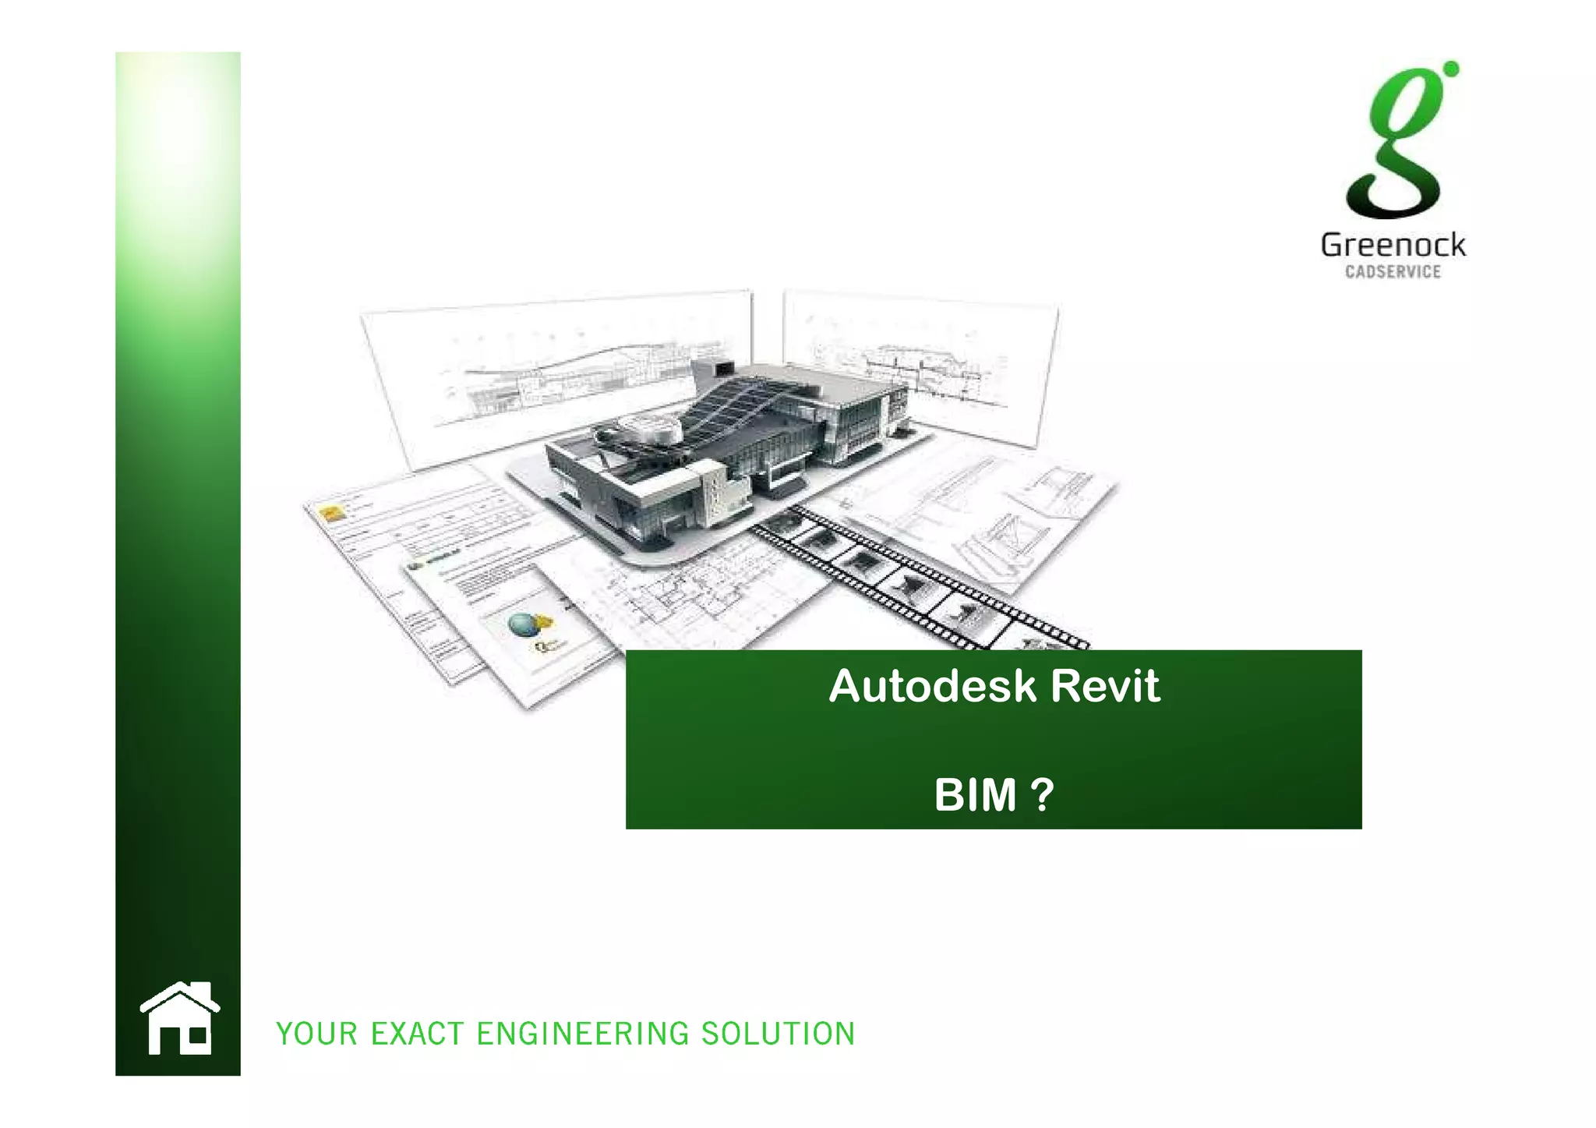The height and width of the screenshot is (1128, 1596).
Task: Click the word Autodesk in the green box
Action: click(x=933, y=686)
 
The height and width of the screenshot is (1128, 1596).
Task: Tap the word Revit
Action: click(x=1104, y=686)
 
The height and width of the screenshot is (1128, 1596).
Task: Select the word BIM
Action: click(x=975, y=795)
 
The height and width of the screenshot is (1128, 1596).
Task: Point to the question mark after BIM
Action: click(x=1042, y=795)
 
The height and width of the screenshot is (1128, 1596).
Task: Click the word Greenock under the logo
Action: click(x=1393, y=246)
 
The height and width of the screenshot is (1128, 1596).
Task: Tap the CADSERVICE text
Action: click(x=1393, y=272)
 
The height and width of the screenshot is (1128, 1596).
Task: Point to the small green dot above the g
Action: click(x=1450, y=69)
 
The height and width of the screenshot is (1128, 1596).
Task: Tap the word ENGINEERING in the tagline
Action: click(x=583, y=1034)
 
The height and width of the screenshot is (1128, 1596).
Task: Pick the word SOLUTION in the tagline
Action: click(x=778, y=1034)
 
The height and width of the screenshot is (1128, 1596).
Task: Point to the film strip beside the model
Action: click(x=920, y=577)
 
